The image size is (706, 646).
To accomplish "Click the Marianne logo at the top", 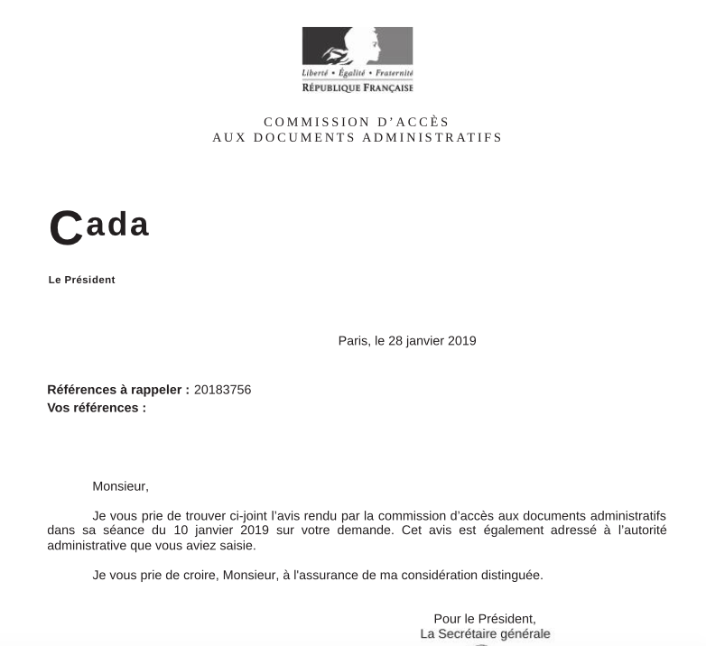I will [x=358, y=47].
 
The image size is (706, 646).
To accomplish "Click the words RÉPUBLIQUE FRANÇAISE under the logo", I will [x=358, y=88].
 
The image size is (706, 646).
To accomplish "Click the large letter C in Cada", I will [x=65, y=228].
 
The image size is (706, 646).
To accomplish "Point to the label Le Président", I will [x=82, y=280].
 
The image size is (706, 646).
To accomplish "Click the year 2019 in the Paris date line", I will [x=460, y=341].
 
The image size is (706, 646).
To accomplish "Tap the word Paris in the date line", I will [x=353, y=341].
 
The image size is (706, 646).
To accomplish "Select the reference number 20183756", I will [x=222, y=390].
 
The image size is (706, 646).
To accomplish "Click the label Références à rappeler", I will [x=118, y=390].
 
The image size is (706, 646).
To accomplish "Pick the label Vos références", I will [x=97, y=408].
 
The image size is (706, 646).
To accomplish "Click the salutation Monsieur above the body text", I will [x=120, y=486].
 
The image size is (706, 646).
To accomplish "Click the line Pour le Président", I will [x=485, y=619].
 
